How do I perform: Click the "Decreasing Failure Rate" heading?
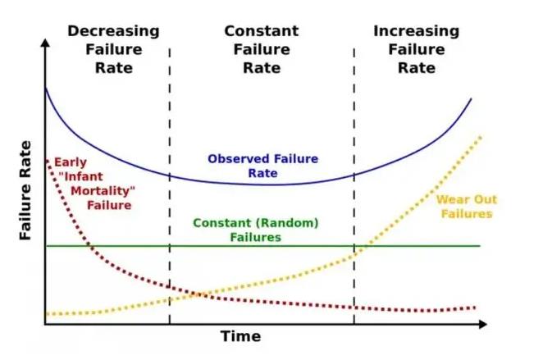coord(113,49)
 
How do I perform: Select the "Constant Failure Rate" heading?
coord(262,49)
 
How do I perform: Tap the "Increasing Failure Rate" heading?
coord(416,49)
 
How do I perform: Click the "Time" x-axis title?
coord(240,336)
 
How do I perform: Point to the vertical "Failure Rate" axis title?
coord(25,190)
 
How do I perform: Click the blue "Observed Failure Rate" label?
coord(262,166)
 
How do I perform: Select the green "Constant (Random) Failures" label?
coord(255,230)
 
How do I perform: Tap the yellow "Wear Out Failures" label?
coord(466,206)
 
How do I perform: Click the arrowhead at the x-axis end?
coord(484,325)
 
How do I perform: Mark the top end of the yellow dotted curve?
coord(481,137)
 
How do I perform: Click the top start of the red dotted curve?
coord(48,159)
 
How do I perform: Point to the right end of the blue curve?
coord(472,98)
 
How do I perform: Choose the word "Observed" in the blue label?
coord(235,159)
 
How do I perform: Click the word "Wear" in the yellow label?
coord(451,199)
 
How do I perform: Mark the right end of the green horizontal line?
coord(479,245)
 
